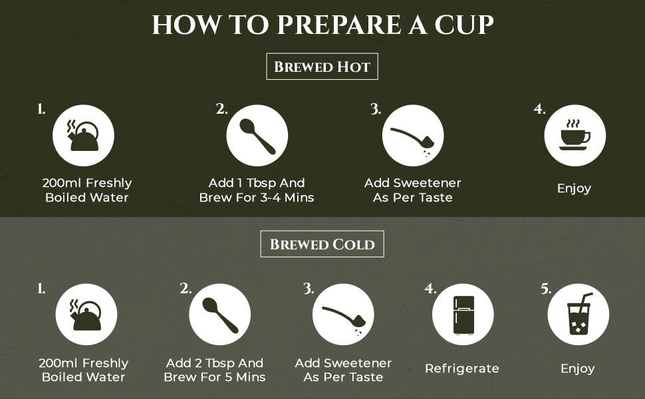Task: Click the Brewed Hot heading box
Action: tap(322, 66)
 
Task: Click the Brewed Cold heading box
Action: tap(322, 244)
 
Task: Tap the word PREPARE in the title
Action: tap(339, 25)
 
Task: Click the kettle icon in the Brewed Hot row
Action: tap(84, 136)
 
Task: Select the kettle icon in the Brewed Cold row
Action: tap(86, 315)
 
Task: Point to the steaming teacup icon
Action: tap(575, 135)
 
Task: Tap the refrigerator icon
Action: tap(463, 315)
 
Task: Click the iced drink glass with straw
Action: tap(579, 313)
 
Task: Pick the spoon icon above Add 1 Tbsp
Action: tap(257, 136)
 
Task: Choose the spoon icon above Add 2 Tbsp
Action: tap(220, 315)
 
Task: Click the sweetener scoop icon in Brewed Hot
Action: tap(412, 139)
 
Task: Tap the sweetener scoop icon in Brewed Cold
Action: tap(342, 319)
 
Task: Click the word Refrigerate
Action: tap(462, 368)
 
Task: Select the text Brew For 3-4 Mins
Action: tap(257, 198)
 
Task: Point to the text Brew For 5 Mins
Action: tap(215, 377)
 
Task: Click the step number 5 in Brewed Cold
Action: tap(545, 289)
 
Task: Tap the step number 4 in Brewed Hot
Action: tap(539, 109)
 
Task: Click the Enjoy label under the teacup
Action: tap(575, 189)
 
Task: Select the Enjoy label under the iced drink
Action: tap(578, 368)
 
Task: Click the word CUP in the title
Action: tap(464, 25)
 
